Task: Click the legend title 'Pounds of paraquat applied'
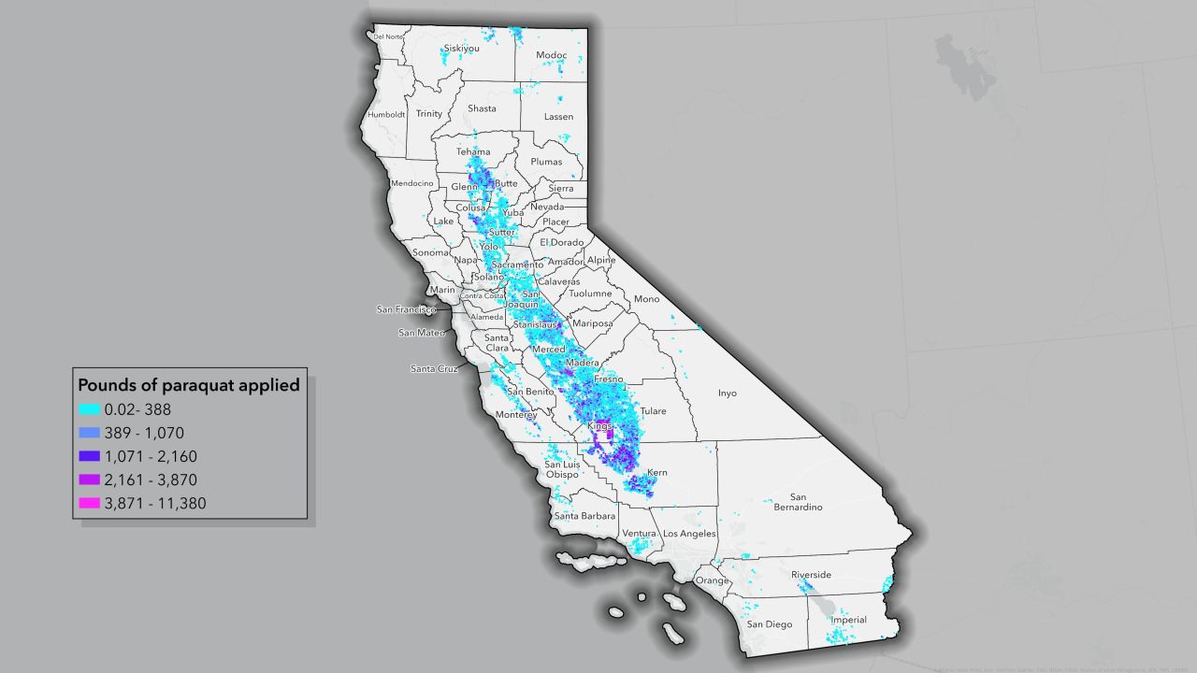pyautogui.click(x=188, y=385)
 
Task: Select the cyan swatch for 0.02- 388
pyautogui.click(x=90, y=408)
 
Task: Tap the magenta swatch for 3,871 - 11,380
pyautogui.click(x=90, y=503)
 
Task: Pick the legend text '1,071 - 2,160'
pyautogui.click(x=151, y=456)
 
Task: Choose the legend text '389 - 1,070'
pyautogui.click(x=145, y=433)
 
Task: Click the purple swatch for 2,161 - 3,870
pyautogui.click(x=90, y=480)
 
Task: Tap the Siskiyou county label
pyautogui.click(x=462, y=48)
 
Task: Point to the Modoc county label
pyautogui.click(x=552, y=55)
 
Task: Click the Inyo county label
pyautogui.click(x=728, y=394)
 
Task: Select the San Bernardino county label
pyautogui.click(x=799, y=502)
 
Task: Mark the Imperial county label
pyautogui.click(x=848, y=620)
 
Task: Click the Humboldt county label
pyautogui.click(x=387, y=115)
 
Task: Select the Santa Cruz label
pyautogui.click(x=434, y=369)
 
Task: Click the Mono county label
pyautogui.click(x=647, y=299)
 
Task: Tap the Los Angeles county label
pyautogui.click(x=689, y=534)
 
